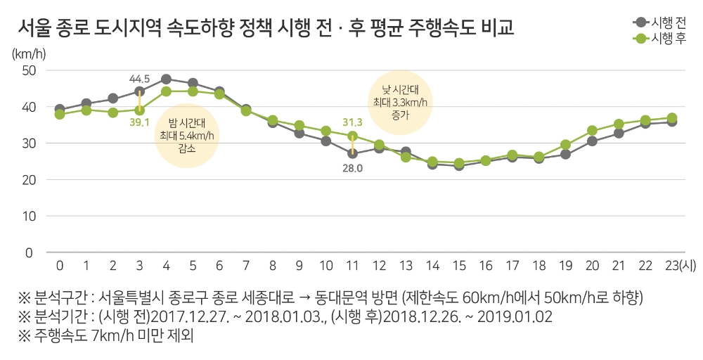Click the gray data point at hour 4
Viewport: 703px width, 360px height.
[x=166, y=79]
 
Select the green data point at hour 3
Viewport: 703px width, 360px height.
[x=139, y=110]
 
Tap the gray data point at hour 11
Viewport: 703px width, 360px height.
[x=352, y=153]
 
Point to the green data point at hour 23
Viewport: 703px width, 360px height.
[x=672, y=118]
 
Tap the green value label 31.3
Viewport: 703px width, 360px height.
[x=351, y=122]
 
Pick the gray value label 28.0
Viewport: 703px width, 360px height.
[x=351, y=169]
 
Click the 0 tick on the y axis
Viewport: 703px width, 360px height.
[x=30, y=252]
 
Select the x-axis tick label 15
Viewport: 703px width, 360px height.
[x=459, y=266]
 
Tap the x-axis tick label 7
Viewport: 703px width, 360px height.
[x=246, y=266]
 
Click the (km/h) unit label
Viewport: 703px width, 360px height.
[x=27, y=53]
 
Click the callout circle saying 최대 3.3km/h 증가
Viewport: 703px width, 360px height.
[x=400, y=103]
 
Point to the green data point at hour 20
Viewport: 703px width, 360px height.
[x=593, y=131]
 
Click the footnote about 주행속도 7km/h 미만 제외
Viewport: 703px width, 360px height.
[x=105, y=335]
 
